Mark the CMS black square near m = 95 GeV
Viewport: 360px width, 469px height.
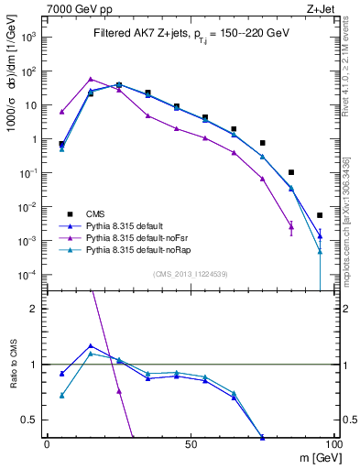[320, 215]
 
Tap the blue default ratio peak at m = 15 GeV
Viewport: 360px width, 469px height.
[90, 346]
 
